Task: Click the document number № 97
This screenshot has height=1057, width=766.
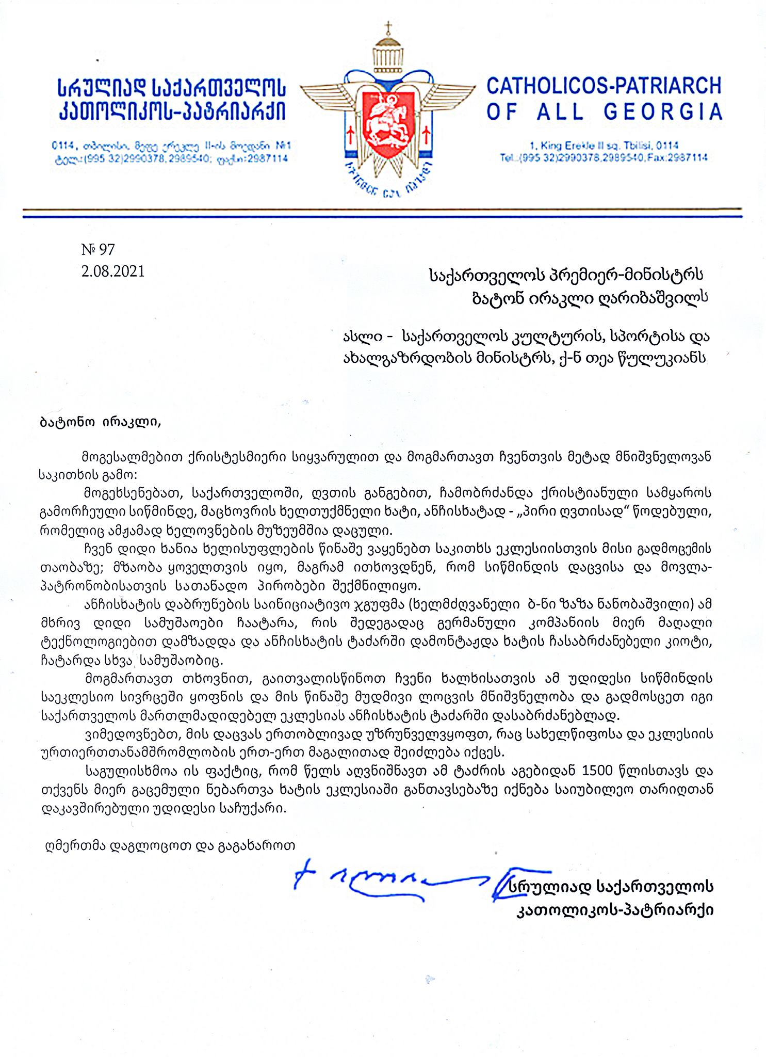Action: point(98,250)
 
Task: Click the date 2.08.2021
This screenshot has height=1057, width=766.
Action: point(113,271)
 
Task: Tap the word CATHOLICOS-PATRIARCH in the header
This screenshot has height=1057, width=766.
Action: point(604,86)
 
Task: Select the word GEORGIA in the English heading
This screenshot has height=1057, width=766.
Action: point(663,112)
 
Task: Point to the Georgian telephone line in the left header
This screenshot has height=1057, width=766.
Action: point(170,159)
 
